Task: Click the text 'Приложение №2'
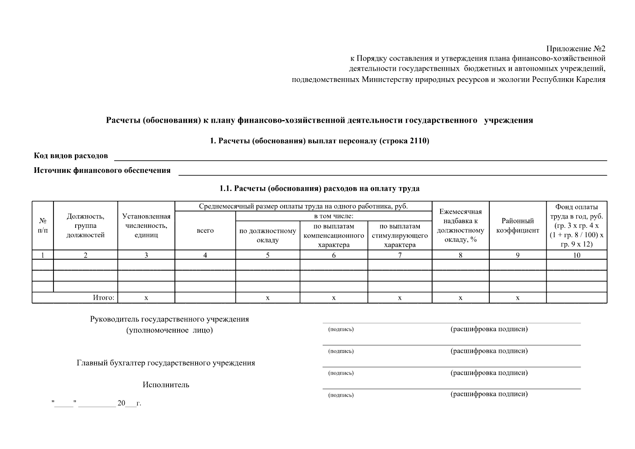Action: pos(575,49)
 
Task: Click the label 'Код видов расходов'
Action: pos(71,156)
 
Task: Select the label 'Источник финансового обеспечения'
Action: pos(102,171)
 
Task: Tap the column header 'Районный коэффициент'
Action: pos(517,226)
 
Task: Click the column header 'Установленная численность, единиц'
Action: pos(146,226)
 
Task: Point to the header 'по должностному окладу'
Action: pos(267,235)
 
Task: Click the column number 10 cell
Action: pos(577,255)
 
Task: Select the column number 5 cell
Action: pos(267,255)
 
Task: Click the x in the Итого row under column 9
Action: pos(517,298)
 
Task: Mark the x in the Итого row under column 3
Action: pos(146,298)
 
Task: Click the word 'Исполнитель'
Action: pos(165,385)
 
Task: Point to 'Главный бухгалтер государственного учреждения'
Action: pos(165,363)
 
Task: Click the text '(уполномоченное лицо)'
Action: pos(169,330)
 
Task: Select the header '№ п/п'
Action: pos(43,226)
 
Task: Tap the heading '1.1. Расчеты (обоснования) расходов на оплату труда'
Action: pos(319,189)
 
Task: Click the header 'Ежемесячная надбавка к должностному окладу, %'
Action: pos(460,226)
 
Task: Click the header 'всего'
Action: pos(205,230)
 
